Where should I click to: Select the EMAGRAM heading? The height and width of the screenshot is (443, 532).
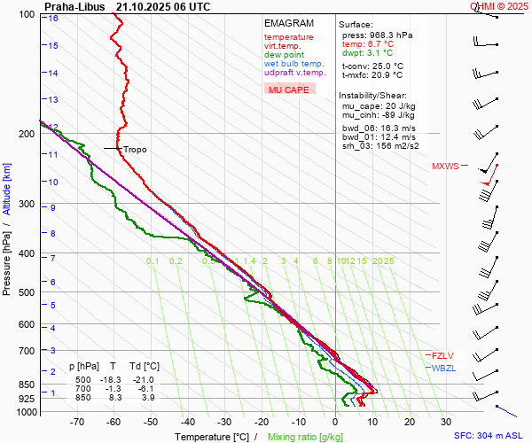point(288,23)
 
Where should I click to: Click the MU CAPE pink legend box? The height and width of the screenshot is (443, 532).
point(289,89)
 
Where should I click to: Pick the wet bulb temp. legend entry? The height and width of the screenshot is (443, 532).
point(293,64)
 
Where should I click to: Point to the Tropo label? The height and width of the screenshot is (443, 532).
point(135,150)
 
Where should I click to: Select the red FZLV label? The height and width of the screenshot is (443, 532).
point(442,355)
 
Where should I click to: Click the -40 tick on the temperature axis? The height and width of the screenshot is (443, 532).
point(188,423)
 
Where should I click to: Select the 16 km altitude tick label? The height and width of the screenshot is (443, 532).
point(53,19)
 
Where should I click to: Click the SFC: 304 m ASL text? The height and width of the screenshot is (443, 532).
point(490,436)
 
